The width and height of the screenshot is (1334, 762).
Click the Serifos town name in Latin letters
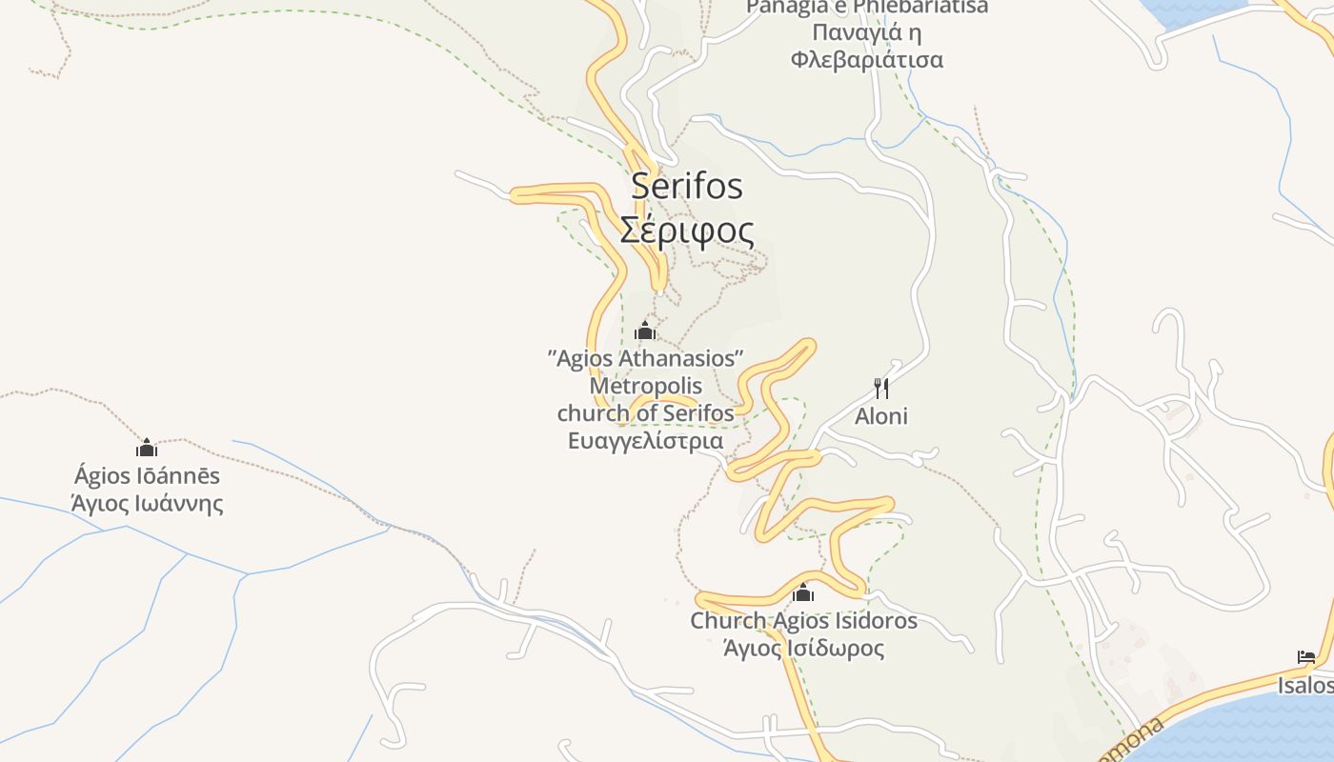tap(687, 187)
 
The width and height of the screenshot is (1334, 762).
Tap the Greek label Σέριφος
tap(687, 231)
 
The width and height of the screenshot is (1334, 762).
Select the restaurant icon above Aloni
tap(881, 389)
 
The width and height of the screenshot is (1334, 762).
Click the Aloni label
tap(881, 416)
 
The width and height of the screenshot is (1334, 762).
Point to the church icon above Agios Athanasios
tap(645, 331)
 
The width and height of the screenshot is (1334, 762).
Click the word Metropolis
tap(646, 386)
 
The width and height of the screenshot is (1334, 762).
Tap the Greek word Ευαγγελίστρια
tap(646, 441)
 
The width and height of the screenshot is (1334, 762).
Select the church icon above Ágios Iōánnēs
tap(147, 448)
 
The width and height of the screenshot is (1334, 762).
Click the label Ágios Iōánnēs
tap(147, 476)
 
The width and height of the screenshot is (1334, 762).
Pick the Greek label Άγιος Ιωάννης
tap(147, 503)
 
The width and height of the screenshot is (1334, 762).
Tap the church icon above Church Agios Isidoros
tap(803, 593)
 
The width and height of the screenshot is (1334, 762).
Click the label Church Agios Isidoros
tap(803, 621)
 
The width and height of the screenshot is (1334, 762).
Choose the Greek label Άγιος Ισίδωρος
tap(803, 649)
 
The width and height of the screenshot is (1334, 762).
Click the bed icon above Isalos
tap(1306, 657)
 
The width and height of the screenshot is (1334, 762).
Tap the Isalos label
tap(1305, 685)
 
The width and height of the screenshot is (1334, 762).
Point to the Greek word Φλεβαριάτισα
tap(867, 60)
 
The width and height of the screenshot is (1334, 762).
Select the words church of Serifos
tap(646, 413)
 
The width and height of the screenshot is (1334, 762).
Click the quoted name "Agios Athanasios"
tap(646, 359)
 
